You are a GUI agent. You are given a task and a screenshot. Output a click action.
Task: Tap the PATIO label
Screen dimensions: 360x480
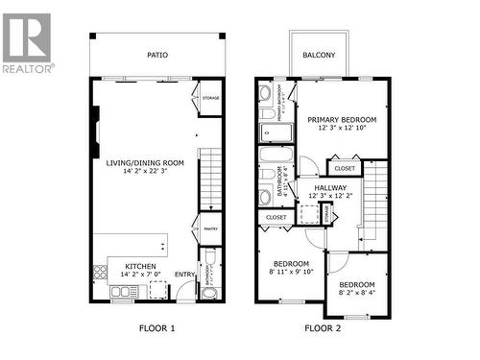pos(156,56)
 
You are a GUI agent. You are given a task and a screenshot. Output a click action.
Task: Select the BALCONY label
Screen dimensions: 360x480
pos(319,56)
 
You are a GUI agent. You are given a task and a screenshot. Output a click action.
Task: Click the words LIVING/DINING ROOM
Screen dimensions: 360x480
pos(145,163)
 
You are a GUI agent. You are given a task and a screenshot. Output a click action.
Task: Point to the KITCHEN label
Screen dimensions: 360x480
pos(141,265)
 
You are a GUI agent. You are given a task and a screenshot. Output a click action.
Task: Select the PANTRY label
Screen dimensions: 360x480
pos(210,228)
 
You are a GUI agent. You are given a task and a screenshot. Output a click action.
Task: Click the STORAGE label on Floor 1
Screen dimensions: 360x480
pos(210,98)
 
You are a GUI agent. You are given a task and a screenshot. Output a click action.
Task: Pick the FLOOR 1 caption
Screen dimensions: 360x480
pos(158,328)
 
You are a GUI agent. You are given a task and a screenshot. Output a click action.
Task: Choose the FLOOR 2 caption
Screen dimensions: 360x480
pos(322,328)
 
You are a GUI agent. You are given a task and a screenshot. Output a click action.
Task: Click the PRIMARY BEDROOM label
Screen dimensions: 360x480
pos(342,120)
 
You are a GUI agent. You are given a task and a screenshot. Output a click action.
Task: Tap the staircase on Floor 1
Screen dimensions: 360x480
pos(210,178)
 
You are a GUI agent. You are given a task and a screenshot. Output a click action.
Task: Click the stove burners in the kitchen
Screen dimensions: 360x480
pos(101,272)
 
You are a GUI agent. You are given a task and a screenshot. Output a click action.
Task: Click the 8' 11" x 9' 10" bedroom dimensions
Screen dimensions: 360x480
pos(291,273)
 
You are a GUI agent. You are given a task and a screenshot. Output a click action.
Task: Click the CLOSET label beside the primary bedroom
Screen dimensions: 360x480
pos(345,168)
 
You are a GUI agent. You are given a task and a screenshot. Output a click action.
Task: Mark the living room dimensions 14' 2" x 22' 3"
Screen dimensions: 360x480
pos(145,173)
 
